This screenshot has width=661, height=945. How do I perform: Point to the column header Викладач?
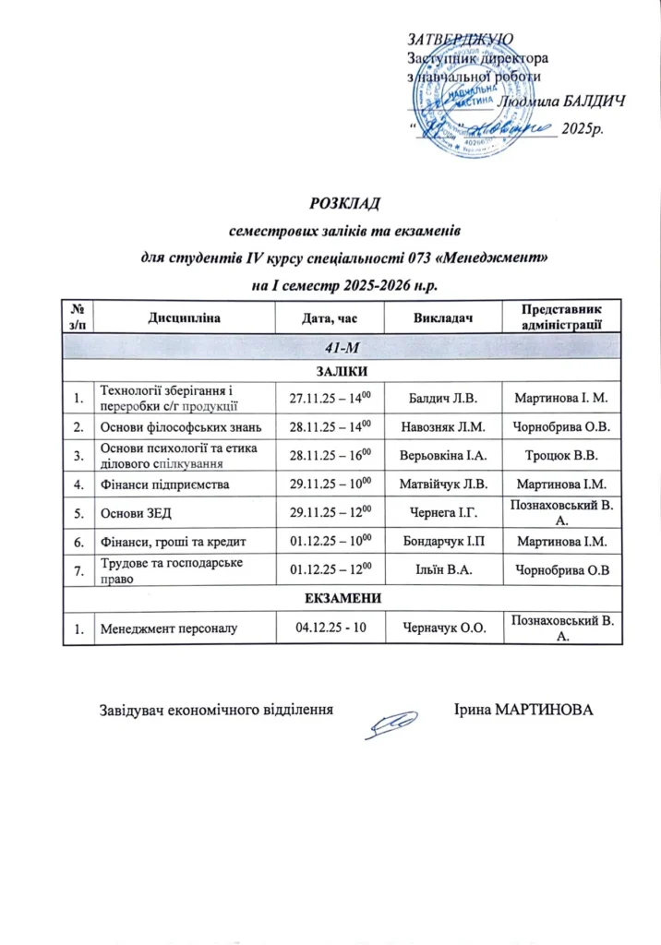[440, 317]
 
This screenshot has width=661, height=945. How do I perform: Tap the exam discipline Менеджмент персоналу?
[169, 628]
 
